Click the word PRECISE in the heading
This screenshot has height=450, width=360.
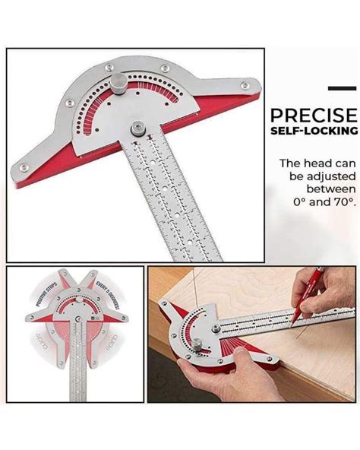(x=313, y=116)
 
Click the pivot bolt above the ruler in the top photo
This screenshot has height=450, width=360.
(x=137, y=128)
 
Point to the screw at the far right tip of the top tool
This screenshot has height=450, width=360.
(x=245, y=85)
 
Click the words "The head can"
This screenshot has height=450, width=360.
(x=318, y=163)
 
